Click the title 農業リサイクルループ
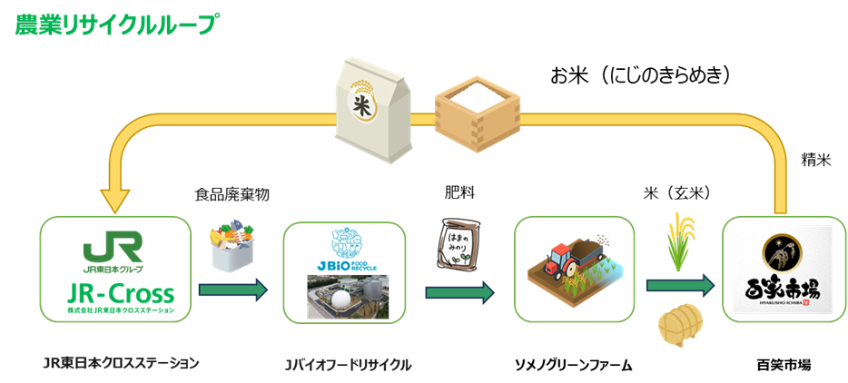(x=114, y=25)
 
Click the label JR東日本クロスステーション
(x=120, y=363)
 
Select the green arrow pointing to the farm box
(x=460, y=292)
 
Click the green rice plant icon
(x=678, y=242)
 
